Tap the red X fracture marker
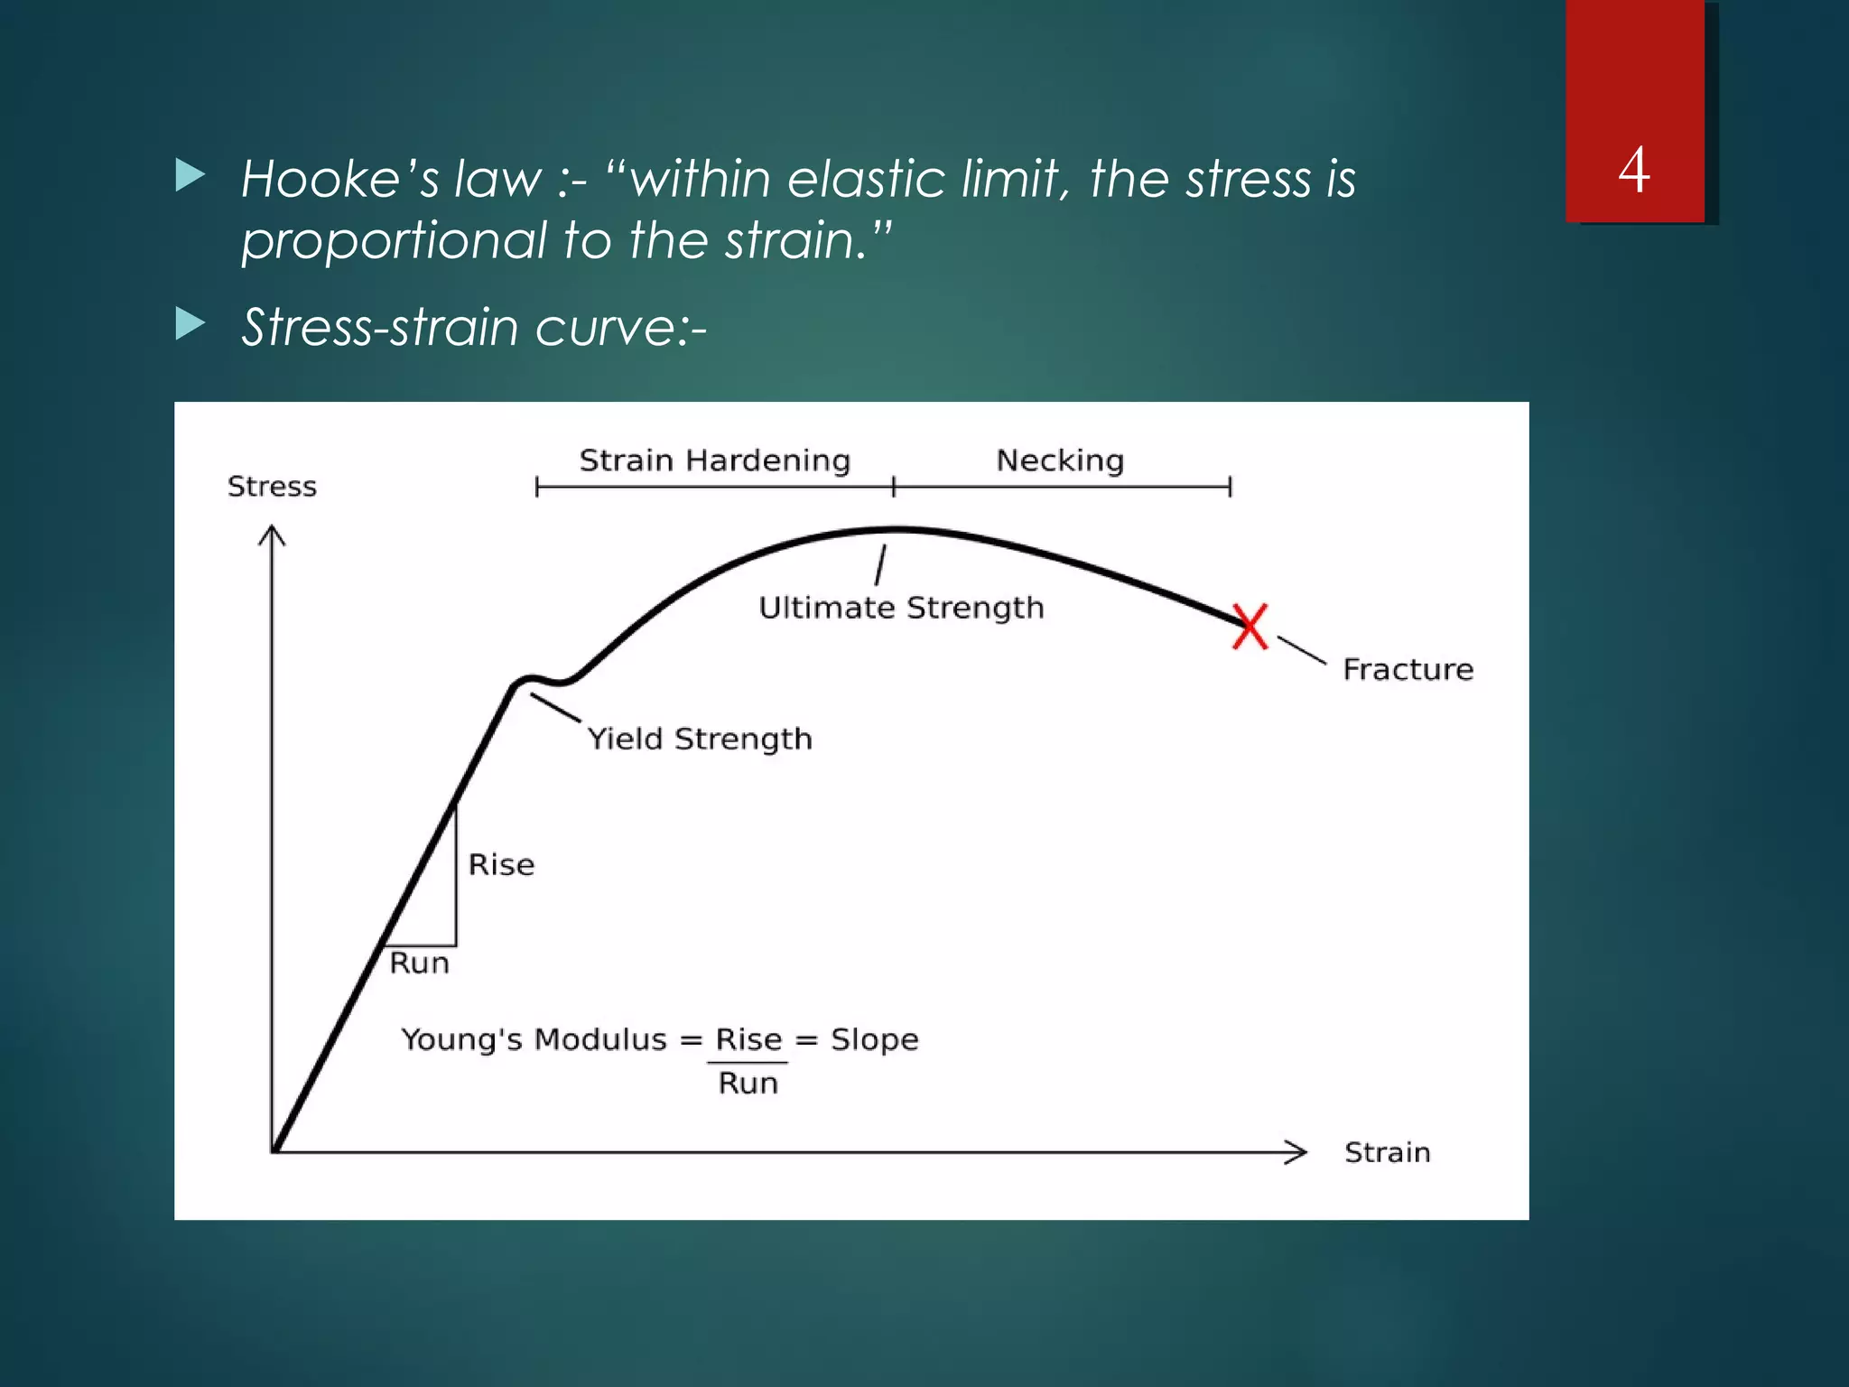pyautogui.click(x=1250, y=627)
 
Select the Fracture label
pyautogui.click(x=1408, y=669)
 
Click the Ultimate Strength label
pyautogui.click(x=901, y=608)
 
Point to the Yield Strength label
pyautogui.click(x=700, y=739)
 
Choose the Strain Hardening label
pyautogui.click(x=714, y=461)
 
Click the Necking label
pyautogui.click(x=1060, y=461)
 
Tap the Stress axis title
pyautogui.click(x=272, y=487)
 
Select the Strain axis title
pyautogui.click(x=1387, y=1152)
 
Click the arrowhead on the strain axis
pyautogui.click(x=1297, y=1152)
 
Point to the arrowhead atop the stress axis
pyautogui.click(x=272, y=535)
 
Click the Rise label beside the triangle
pyautogui.click(x=501, y=865)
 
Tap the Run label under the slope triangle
pyautogui.click(x=419, y=963)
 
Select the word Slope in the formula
pyautogui.click(x=874, y=1039)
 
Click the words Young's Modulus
pyautogui.click(x=534, y=1039)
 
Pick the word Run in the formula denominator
pyautogui.click(x=748, y=1083)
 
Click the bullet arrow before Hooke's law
pyautogui.click(x=190, y=175)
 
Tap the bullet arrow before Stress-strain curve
pyautogui.click(x=190, y=323)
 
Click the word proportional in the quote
pyautogui.click(x=394, y=241)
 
